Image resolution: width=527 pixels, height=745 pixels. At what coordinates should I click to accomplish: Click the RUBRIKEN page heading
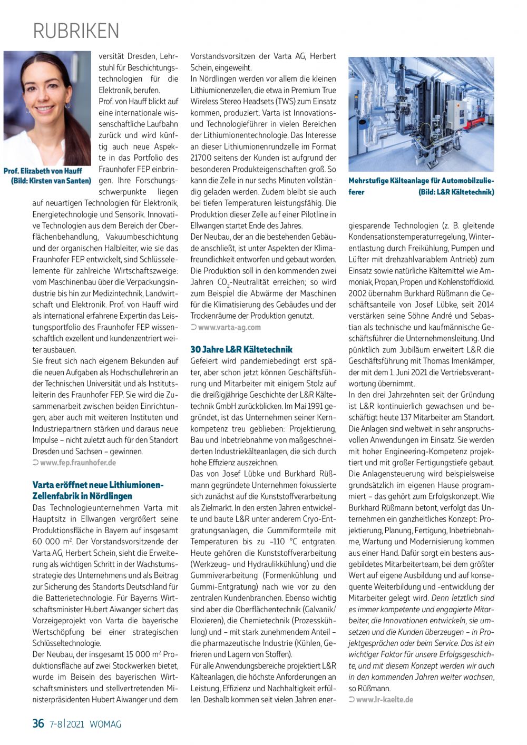76,31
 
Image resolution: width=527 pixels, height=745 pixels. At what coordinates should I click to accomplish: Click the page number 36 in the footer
38,723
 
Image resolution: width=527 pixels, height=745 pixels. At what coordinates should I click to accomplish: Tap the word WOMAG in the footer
105,724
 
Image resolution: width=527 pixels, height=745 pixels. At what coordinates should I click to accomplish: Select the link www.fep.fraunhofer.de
78,463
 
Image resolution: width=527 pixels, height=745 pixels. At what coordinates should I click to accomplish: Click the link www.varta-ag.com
229,327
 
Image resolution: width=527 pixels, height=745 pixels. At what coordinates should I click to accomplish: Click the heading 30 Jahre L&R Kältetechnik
241,349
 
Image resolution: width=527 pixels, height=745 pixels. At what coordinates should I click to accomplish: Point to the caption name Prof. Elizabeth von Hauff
43,171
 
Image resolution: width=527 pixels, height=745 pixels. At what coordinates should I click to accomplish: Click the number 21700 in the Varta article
201,158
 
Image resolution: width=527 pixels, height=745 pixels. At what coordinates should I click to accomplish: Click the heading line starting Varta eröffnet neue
98,485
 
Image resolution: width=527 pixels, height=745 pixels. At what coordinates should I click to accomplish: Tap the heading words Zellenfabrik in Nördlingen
82,496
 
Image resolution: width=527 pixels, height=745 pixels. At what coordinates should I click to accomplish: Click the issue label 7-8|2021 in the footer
67,724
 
